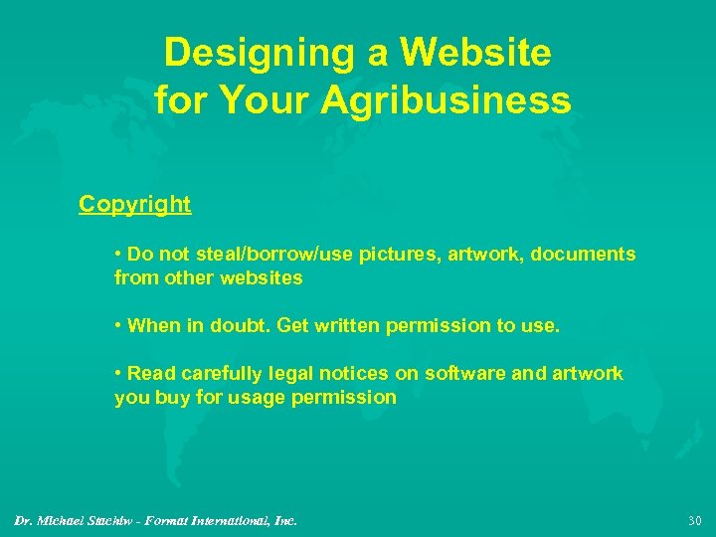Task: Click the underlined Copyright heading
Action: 135,204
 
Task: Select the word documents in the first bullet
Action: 583,255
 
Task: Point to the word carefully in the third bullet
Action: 211,374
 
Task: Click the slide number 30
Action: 694,520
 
